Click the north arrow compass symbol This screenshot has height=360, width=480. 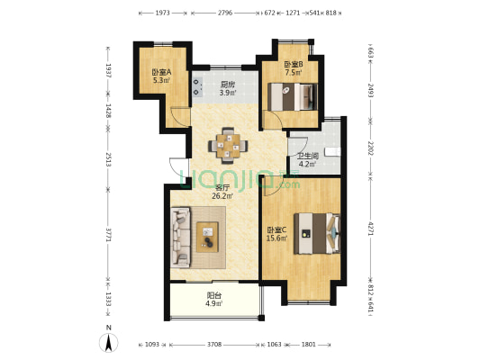click(x=108, y=343)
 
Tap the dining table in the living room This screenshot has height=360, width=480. click(x=228, y=145)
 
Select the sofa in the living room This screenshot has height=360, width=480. click(x=180, y=238)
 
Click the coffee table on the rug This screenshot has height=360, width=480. click(x=207, y=237)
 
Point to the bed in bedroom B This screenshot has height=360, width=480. click(x=293, y=96)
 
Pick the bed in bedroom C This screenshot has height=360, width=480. click(x=317, y=234)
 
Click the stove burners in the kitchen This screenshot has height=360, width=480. click(x=197, y=86)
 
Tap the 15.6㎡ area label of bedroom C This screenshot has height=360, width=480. click(x=276, y=238)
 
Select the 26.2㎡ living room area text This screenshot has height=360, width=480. click(x=222, y=196)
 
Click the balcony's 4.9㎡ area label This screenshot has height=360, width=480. click(x=214, y=303)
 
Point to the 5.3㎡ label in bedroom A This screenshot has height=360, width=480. click(x=161, y=80)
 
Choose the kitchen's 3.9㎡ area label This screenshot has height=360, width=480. click(x=228, y=93)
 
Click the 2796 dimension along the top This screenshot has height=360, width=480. click(x=225, y=13)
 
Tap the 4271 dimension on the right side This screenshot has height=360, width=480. click(x=370, y=229)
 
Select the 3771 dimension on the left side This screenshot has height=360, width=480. click(x=108, y=234)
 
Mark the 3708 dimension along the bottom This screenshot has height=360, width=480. click(x=214, y=345)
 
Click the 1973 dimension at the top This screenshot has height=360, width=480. click(x=162, y=13)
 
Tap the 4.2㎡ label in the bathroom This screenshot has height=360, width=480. click(x=307, y=164)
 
